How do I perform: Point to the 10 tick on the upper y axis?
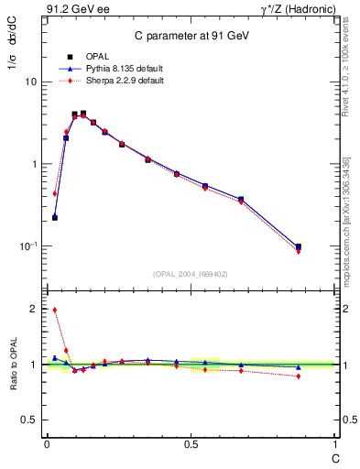tap(30, 82)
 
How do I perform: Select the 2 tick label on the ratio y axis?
tap(33, 310)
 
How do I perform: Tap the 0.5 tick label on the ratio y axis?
tap(29, 420)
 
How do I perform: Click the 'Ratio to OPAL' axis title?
tap(12, 365)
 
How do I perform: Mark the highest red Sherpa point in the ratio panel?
tap(55, 310)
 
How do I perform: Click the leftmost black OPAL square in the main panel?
tap(55, 217)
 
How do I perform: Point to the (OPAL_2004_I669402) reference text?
tap(191, 273)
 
